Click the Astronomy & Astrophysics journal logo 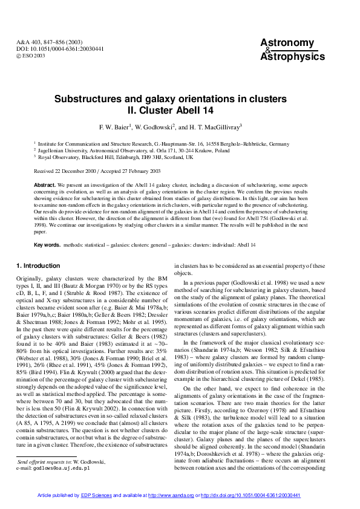coord(292,50)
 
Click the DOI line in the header coord(52,48)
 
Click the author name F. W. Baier coord(116,127)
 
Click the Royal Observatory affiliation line coord(116,157)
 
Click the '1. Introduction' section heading coord(38,265)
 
